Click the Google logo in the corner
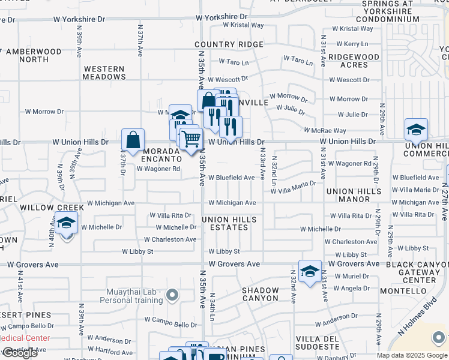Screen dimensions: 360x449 [20, 353]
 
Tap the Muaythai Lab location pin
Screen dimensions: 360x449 [173, 295]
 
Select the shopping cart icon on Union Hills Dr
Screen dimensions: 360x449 [191, 139]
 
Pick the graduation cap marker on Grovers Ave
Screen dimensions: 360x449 [310, 271]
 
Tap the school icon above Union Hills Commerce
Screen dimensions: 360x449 [415, 130]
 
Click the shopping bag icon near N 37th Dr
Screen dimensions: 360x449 [133, 141]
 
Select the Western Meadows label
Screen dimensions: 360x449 [104, 73]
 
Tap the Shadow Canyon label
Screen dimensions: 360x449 [261, 294]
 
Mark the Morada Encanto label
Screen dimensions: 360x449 [161, 155]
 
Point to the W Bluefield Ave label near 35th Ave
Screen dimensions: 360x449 [232, 178]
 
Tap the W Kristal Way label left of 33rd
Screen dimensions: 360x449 [243, 25]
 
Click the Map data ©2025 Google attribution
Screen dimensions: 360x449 [412, 355]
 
